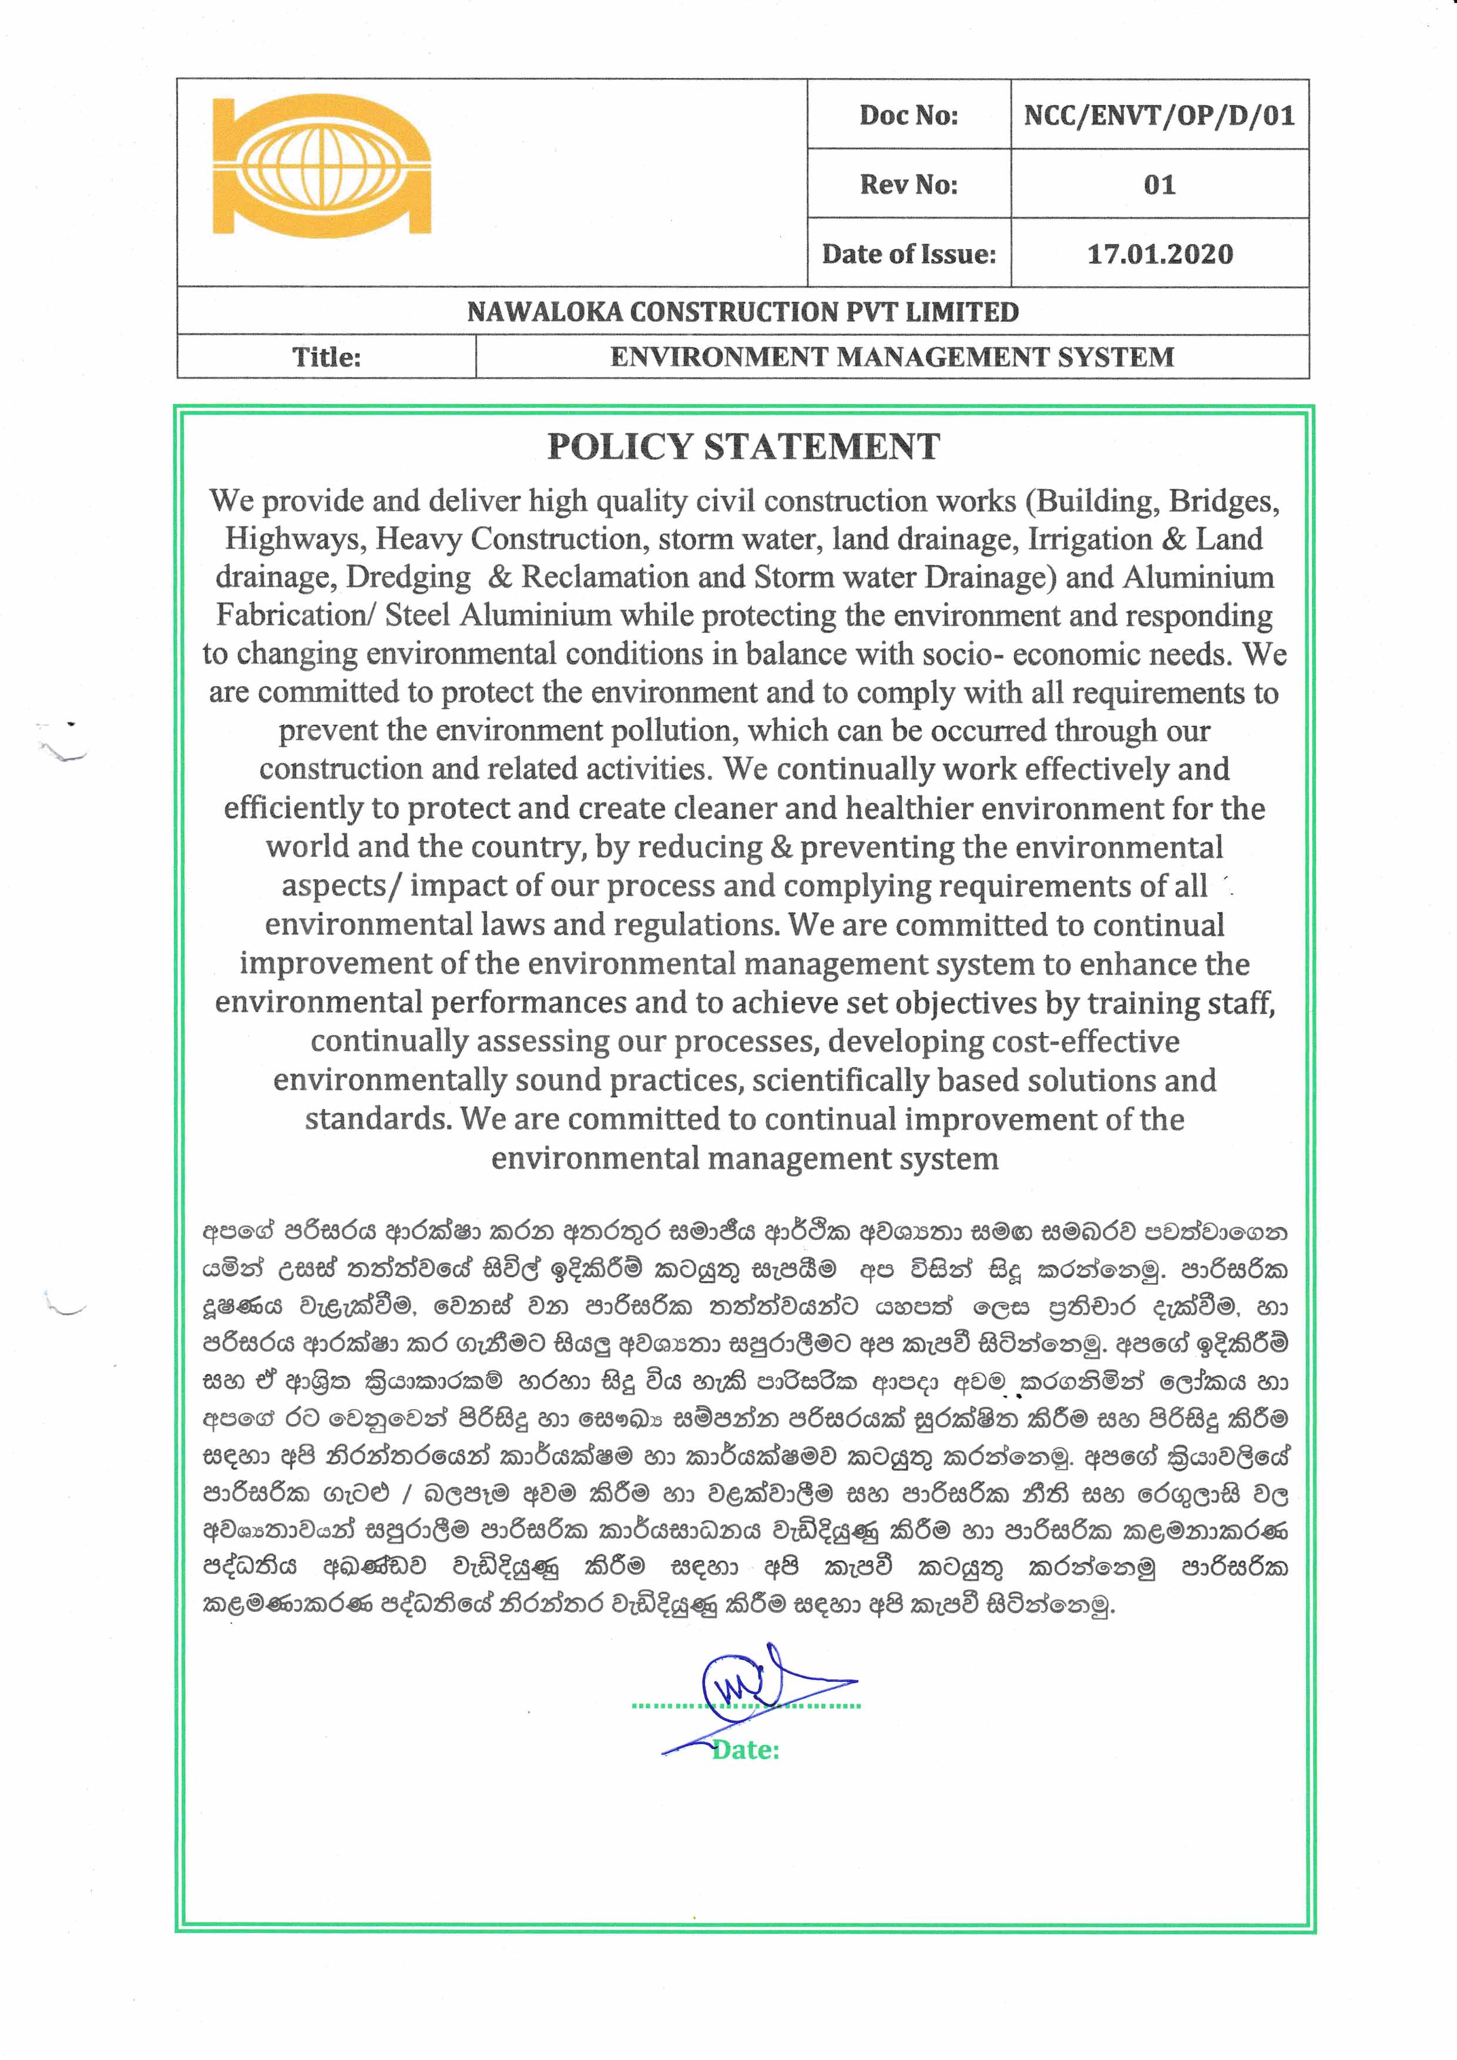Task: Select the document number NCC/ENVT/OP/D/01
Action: (x=1159, y=115)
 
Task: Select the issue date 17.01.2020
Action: (x=1159, y=254)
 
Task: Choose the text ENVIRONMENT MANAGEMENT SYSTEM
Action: (x=892, y=357)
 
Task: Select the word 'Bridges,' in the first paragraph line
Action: (x=1224, y=500)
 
